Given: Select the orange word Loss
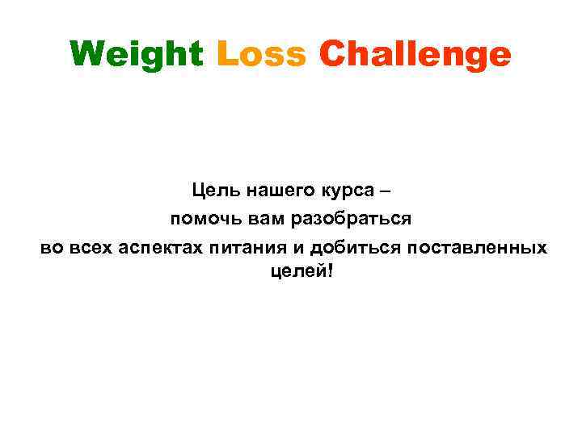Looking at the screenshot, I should [262, 54].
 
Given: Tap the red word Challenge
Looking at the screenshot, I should [415, 55].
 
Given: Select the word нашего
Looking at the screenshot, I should [276, 192].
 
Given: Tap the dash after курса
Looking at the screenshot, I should [383, 192].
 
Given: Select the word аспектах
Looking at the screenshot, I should [162, 246].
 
